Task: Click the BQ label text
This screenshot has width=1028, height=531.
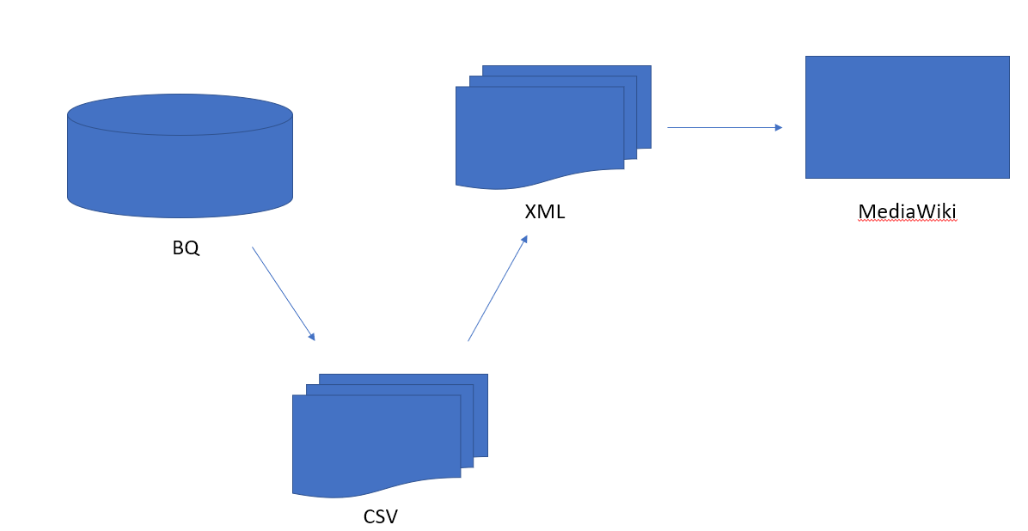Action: click(186, 248)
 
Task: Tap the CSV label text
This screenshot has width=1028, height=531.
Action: click(381, 516)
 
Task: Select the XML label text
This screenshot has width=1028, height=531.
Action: click(545, 211)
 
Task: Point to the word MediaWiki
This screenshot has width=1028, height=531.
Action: click(907, 211)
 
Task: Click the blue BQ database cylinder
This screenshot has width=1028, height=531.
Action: click(180, 172)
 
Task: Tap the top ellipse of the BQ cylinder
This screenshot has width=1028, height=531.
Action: click(180, 114)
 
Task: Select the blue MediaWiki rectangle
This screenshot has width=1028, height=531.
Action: click(907, 117)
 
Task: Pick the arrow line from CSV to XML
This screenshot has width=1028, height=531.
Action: click(496, 290)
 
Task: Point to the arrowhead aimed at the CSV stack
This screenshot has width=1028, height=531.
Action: click(312, 337)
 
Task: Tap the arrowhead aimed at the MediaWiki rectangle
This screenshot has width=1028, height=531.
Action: click(778, 127)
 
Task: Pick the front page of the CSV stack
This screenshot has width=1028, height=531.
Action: click(376, 442)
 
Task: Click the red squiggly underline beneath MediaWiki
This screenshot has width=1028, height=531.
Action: click(907, 221)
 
